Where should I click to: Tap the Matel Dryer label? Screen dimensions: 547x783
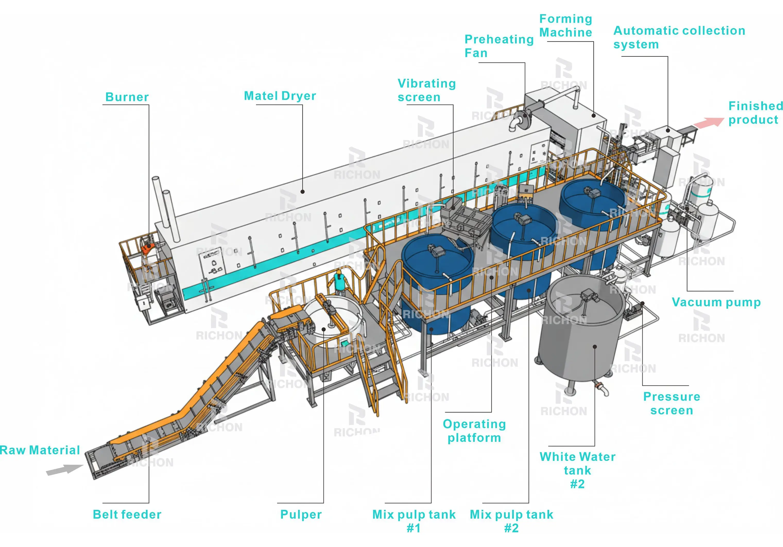280,96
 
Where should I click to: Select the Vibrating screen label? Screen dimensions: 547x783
426,90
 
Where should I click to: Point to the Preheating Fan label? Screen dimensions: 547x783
498,46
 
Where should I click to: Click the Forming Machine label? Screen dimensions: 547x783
565,25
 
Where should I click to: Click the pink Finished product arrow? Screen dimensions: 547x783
709,123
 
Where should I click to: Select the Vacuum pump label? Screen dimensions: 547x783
716,302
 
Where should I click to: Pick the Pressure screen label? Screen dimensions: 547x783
672,403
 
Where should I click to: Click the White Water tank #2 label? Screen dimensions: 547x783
577,470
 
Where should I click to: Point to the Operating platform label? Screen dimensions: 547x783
474,431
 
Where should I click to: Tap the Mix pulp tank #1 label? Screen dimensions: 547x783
414,521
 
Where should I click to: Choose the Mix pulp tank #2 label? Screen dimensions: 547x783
511,521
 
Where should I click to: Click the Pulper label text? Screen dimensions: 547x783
301,515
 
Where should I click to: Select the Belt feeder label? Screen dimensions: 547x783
127,515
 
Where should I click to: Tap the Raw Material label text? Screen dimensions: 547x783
40,450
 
